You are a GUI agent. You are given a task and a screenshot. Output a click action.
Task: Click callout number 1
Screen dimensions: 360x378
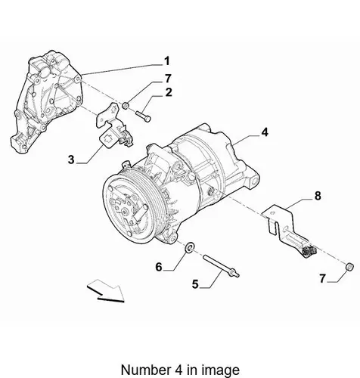pos(167,61)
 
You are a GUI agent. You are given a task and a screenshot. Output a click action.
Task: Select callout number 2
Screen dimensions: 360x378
pos(169,92)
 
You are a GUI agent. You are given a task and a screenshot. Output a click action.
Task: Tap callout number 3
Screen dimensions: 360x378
pos(71,160)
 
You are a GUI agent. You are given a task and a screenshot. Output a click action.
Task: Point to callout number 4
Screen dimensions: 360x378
pos(265,132)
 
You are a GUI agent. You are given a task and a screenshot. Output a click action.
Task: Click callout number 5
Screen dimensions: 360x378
pos(195,284)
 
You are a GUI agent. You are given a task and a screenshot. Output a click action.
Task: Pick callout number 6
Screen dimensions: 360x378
pos(159,267)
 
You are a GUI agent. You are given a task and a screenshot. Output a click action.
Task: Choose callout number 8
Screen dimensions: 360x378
pos(318,196)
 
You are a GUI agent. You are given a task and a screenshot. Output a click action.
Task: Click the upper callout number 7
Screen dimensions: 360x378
pos(168,79)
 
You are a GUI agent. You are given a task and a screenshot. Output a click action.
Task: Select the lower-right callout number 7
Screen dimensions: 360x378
pos(323,279)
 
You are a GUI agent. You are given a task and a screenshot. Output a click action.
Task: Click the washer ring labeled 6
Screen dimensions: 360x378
pos(190,247)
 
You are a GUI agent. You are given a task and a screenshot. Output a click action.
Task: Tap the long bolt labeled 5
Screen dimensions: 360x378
pos(221,266)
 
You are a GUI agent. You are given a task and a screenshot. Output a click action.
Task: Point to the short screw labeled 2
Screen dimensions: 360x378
pos(143,116)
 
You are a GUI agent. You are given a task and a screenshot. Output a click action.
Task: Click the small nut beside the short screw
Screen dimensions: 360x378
pos(126,105)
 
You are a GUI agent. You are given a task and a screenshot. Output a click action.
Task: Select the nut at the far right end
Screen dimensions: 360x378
pos(349,266)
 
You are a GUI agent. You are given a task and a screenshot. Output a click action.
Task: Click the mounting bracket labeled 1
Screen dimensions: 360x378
pos(47,101)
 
